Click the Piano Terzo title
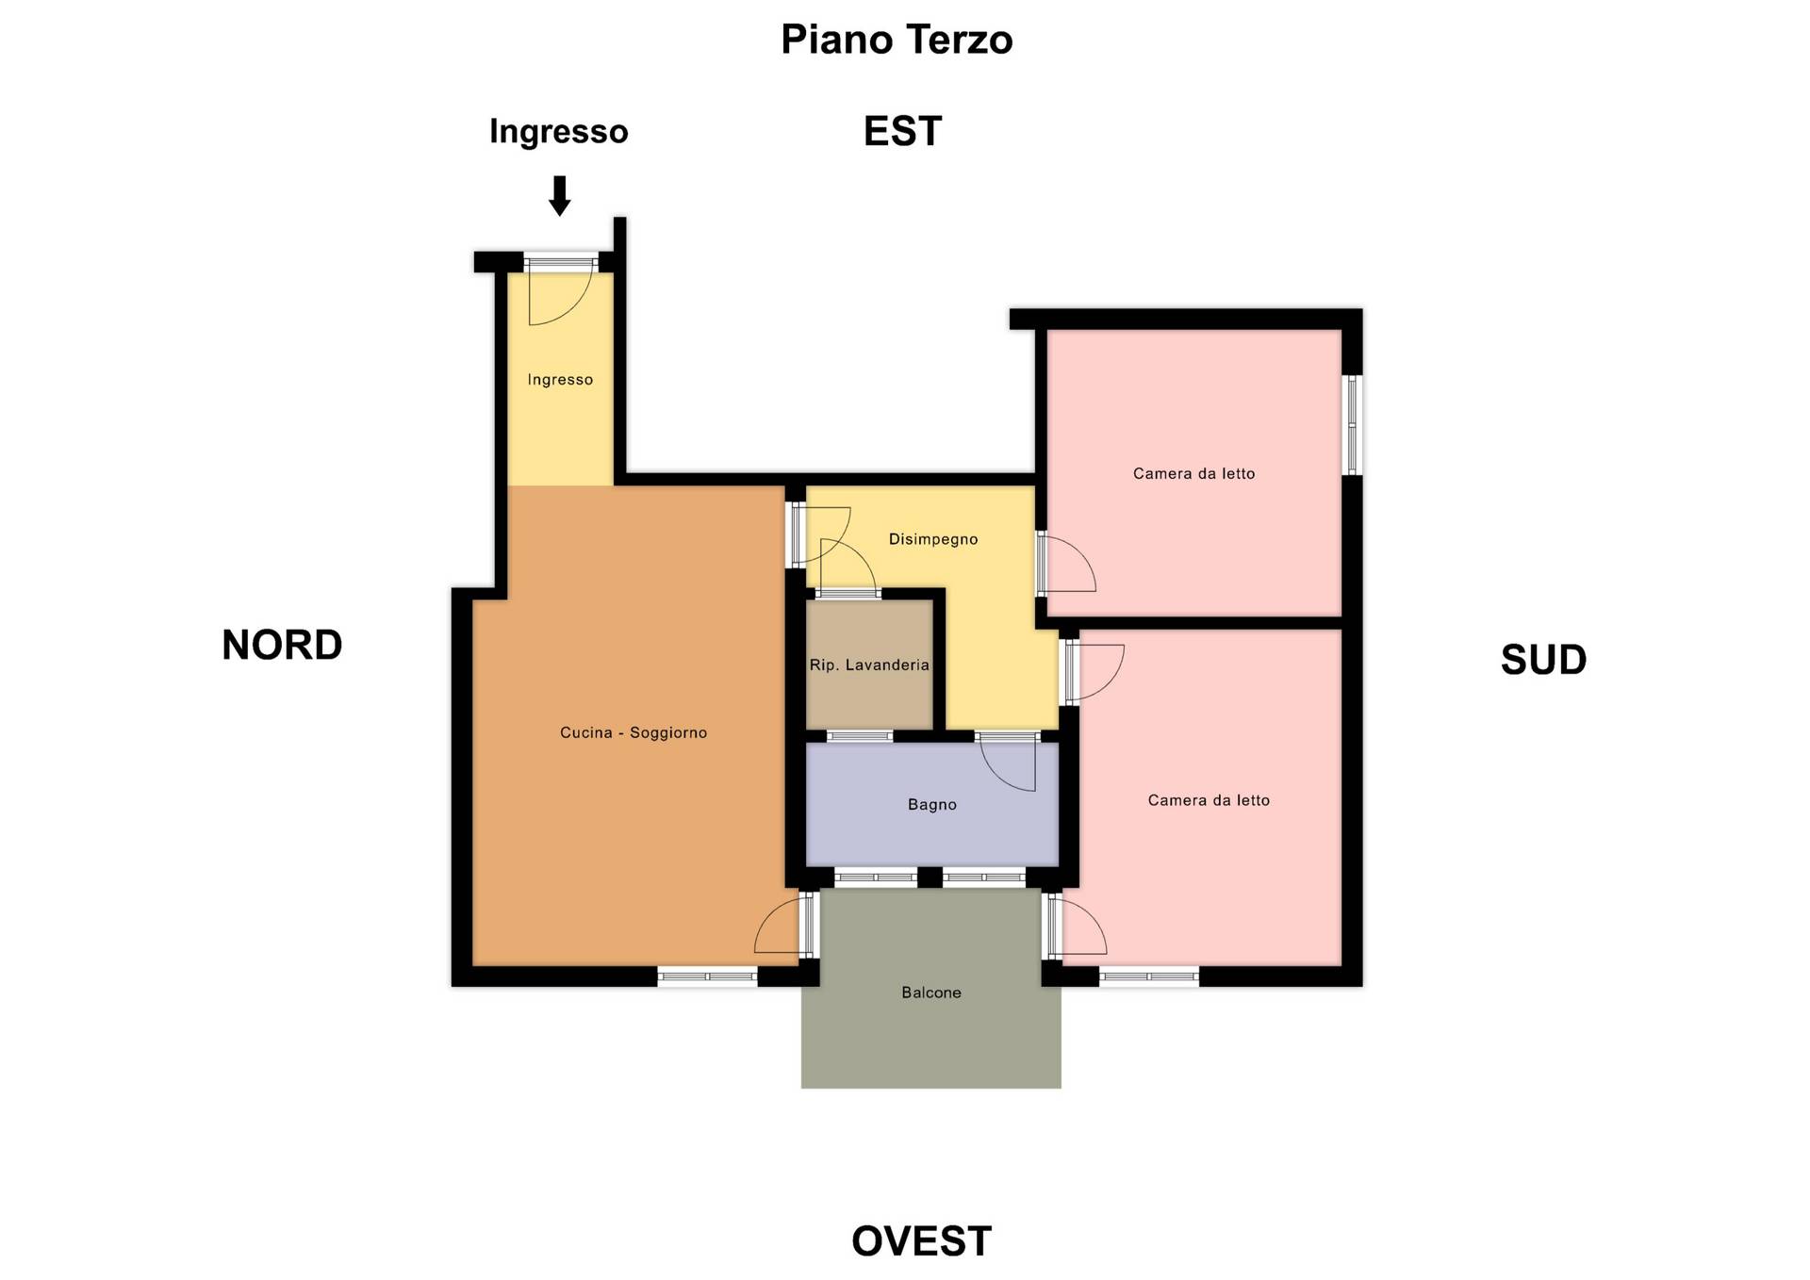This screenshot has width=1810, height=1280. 897,40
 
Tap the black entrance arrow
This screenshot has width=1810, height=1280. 560,196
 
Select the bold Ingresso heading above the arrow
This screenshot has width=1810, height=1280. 558,132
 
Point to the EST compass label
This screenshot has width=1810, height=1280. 902,131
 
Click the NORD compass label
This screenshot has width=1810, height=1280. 282,645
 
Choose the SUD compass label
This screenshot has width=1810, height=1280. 1543,660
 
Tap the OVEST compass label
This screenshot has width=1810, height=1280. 921,1241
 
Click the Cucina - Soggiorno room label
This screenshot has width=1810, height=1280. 633,732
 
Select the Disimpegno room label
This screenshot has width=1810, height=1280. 933,539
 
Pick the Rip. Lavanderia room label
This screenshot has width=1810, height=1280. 869,665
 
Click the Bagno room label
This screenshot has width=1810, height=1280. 932,804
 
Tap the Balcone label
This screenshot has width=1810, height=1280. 931,993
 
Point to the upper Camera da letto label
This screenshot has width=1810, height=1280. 1193,473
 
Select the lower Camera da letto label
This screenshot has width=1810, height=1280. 1209,800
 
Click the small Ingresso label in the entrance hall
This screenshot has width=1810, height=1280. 560,380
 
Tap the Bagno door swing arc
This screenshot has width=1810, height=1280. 997,775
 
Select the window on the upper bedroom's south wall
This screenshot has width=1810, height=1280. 1352,425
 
